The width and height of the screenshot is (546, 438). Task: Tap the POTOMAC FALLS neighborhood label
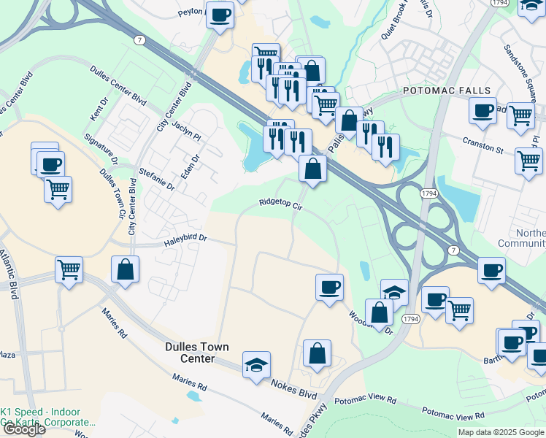point(439,91)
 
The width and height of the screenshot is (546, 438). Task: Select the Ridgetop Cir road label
point(281,205)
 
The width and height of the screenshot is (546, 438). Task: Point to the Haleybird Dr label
point(185,238)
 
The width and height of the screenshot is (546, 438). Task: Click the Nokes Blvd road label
point(295,387)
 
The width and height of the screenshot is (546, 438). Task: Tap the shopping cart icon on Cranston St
point(528,161)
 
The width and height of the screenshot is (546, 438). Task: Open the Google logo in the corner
point(23,429)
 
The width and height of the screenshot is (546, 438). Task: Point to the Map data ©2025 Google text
point(501,432)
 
